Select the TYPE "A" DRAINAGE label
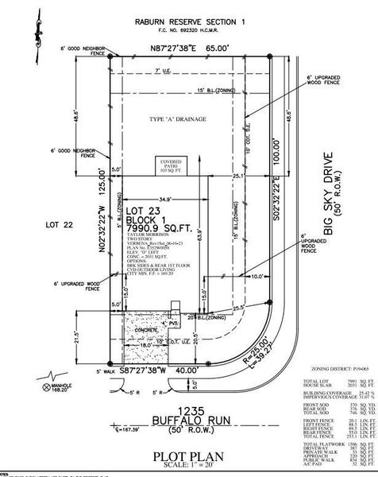pos(177,118)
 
